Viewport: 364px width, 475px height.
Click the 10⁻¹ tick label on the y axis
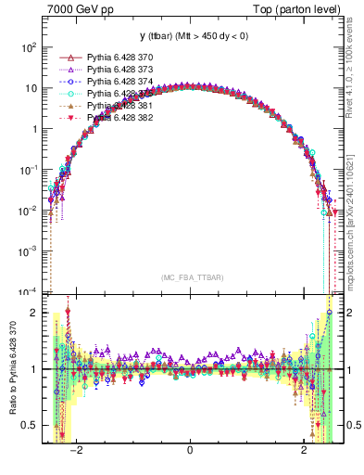coord(28,170)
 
